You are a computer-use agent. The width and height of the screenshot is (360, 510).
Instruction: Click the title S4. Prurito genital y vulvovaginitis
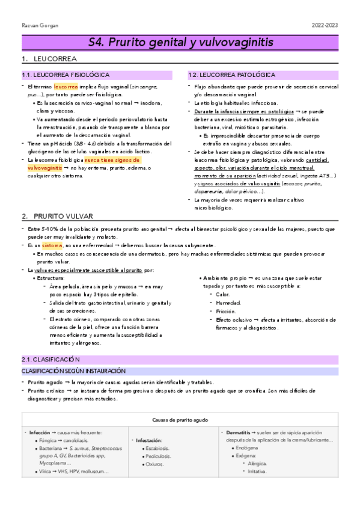tap(180, 43)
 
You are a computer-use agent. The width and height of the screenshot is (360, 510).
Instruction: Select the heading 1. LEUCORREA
tap(48, 60)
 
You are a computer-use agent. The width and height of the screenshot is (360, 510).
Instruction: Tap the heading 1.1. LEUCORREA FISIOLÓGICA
tap(66, 75)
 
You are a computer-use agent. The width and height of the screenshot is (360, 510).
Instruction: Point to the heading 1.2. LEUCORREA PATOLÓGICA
tap(231, 75)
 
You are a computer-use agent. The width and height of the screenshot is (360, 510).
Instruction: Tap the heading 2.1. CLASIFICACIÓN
tap(46, 359)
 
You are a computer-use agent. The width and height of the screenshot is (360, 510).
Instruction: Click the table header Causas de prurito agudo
tap(180, 419)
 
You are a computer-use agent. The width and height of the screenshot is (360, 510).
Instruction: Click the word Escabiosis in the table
tap(158, 448)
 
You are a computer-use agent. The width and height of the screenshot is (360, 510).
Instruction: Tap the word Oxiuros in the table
tap(154, 464)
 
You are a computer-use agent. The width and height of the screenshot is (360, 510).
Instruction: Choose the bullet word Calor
tap(222, 294)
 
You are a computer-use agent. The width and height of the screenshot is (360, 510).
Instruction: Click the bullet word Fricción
tap(225, 311)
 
